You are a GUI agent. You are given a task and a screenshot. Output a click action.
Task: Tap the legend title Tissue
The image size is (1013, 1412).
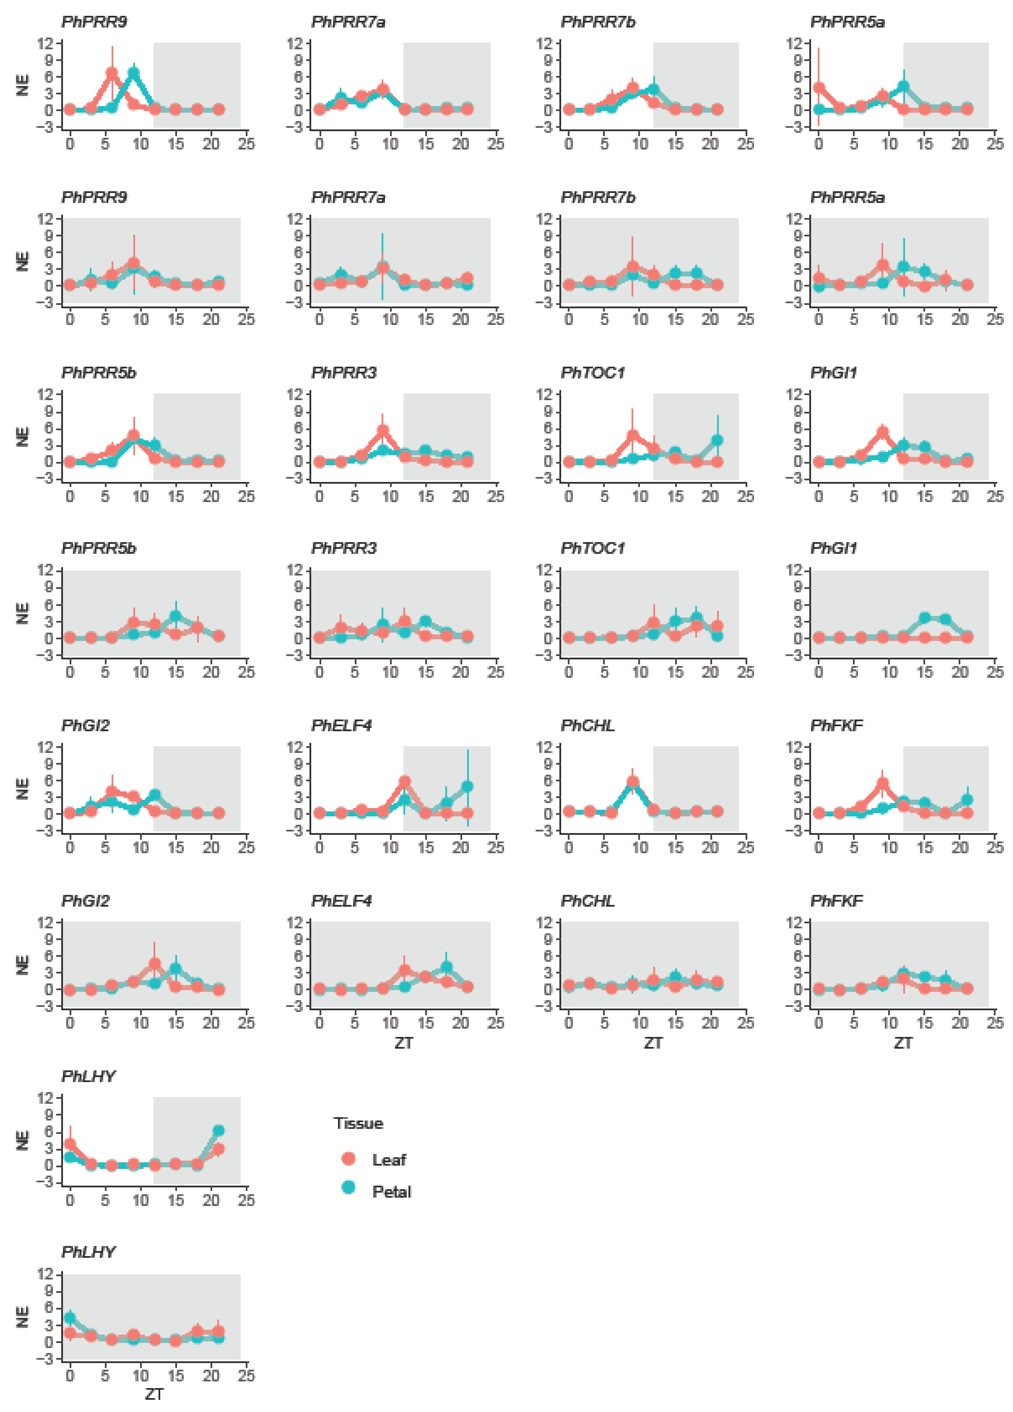[358, 1123]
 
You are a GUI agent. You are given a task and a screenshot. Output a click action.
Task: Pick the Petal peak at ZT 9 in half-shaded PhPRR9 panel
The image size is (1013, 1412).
[133, 73]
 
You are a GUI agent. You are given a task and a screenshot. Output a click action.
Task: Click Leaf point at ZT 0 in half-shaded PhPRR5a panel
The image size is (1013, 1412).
[819, 88]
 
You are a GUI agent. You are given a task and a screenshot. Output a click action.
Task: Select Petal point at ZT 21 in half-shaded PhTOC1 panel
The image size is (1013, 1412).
[717, 440]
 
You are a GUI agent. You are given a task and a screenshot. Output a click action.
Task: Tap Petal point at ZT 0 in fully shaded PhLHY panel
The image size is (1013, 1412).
[70, 1318]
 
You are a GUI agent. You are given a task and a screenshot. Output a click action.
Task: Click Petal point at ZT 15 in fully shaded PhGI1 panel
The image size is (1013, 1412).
[925, 618]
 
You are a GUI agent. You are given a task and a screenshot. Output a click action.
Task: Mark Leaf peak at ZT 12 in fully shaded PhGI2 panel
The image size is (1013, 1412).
[154, 964]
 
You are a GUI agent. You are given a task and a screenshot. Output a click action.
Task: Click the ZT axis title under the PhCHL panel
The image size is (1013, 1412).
[652, 1042]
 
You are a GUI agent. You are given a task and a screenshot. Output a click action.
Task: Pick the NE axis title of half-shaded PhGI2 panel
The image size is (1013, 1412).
[23, 788]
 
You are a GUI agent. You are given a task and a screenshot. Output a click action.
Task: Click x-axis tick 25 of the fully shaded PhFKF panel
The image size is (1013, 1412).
[995, 1023]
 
